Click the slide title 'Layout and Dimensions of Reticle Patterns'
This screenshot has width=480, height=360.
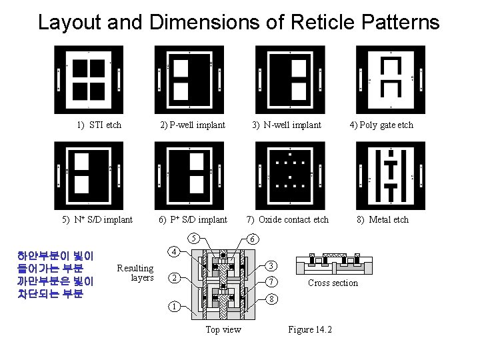point(239,22)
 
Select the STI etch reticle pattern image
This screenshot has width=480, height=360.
point(89,79)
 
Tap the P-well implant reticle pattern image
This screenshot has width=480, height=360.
point(189,79)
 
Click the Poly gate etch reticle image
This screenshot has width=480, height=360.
point(390,79)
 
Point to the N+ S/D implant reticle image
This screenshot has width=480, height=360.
point(89,175)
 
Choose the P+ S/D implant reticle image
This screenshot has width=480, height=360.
point(189,175)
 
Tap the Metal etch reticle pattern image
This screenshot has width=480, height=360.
point(390,175)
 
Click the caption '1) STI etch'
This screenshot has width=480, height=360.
point(99,125)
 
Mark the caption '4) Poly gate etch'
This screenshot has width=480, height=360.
point(381,125)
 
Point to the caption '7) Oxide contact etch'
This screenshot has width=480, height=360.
point(287,219)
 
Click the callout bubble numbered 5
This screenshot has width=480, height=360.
point(192,238)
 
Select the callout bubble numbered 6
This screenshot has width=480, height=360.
point(251,238)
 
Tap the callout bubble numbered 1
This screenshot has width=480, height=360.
point(172,307)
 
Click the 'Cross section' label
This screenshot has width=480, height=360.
point(333,283)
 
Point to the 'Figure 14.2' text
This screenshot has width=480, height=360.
point(310,329)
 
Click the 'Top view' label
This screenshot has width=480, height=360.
point(223,329)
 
